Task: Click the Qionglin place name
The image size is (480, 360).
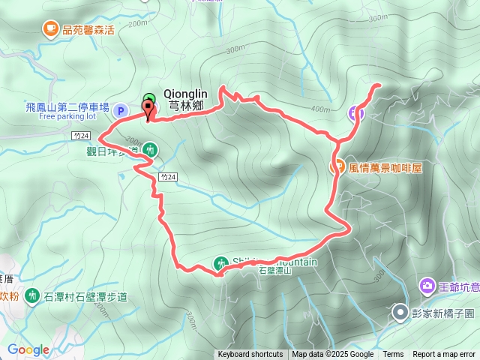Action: (x=185, y=94)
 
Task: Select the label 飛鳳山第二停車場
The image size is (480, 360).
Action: (x=67, y=107)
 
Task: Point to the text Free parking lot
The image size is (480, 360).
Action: (x=67, y=116)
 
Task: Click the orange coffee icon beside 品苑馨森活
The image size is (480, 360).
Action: (x=50, y=29)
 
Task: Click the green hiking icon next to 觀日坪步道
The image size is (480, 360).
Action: (x=150, y=149)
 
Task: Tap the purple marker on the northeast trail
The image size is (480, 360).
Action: (x=356, y=113)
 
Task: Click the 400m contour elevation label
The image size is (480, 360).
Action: (x=320, y=110)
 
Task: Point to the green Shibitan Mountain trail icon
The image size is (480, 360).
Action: (x=220, y=262)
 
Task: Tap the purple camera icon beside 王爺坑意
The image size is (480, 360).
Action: (x=427, y=285)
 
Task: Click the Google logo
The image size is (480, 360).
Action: (x=28, y=349)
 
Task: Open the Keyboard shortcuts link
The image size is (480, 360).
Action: (x=250, y=355)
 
